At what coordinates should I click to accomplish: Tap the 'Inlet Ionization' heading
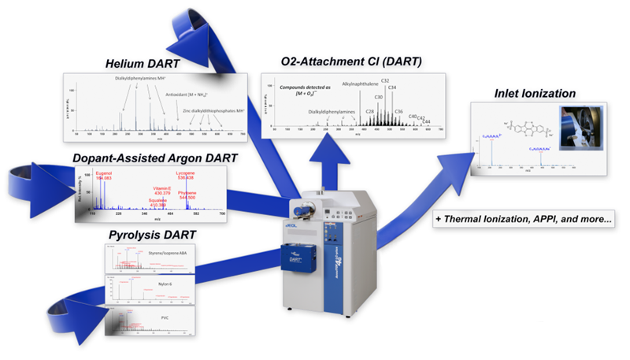coord(534,93)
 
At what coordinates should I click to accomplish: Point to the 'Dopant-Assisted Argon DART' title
coord(156,158)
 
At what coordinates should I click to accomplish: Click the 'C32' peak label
coord(385,80)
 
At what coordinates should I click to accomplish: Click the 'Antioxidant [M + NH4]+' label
coord(194,96)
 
